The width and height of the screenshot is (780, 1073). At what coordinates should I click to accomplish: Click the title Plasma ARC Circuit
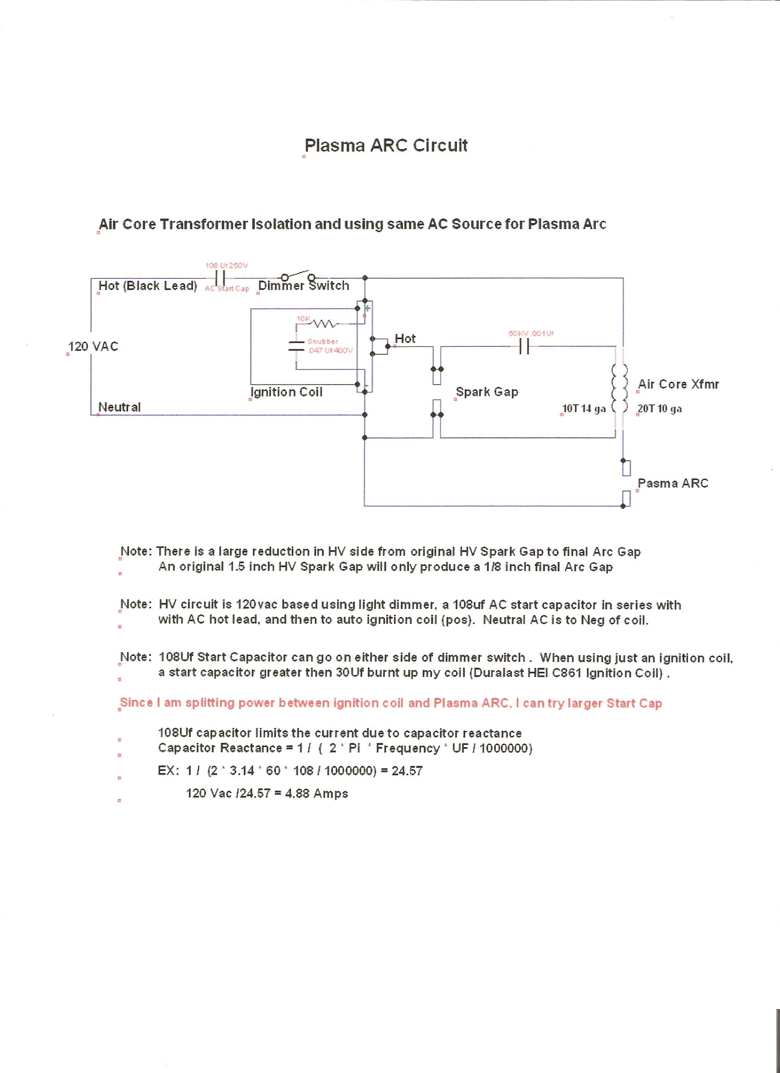386,145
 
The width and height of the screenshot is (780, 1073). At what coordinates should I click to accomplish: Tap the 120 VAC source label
93,346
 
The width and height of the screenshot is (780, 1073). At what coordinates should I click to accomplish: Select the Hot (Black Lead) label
148,286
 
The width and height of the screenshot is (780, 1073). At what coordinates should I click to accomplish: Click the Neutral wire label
119,407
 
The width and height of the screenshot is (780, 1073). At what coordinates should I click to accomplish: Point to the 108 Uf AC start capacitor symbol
220,278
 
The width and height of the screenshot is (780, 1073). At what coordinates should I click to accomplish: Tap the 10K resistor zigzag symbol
324,324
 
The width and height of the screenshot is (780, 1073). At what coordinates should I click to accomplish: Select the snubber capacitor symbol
296,346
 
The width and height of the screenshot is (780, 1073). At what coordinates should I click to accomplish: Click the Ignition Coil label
287,392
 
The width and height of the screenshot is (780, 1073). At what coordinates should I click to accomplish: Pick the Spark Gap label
487,392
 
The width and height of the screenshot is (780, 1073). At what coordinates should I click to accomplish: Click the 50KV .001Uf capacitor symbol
524,347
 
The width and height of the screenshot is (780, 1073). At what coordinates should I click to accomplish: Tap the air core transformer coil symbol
620,388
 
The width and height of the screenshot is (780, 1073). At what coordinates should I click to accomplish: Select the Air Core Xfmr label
678,384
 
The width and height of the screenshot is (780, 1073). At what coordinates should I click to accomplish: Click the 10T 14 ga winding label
584,409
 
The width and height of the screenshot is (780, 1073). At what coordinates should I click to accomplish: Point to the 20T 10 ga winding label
659,409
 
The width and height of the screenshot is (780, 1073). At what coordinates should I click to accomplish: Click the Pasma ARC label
673,483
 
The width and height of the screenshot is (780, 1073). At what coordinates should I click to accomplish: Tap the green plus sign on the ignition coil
367,308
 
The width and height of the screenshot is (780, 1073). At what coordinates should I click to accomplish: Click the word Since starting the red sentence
136,703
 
